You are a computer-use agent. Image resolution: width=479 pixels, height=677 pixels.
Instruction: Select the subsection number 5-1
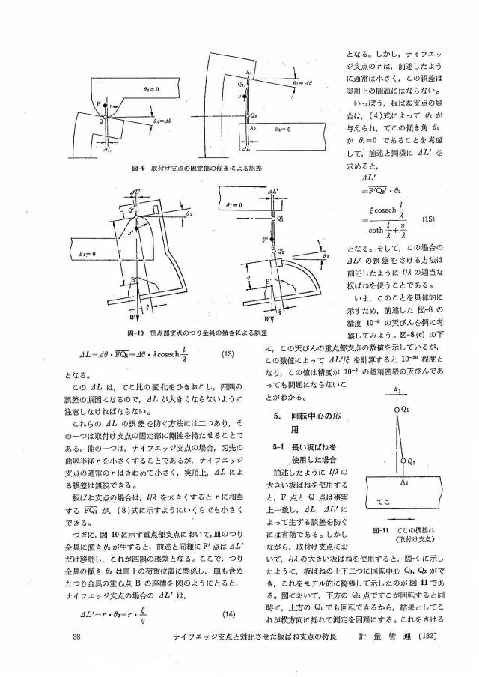pos(279,447)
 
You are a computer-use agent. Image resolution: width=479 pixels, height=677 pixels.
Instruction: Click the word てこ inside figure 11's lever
pos(385,497)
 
